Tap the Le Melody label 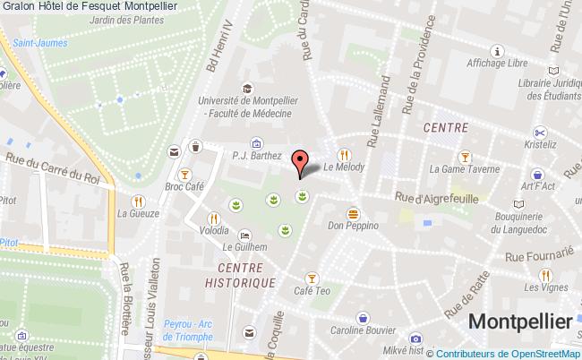pos(340,166)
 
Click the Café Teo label pos(312,292)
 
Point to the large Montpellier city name pos(519,321)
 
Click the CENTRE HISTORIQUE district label pos(245,275)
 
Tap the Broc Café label pos(185,190)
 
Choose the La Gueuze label pos(138,214)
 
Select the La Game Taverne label pos(463,168)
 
